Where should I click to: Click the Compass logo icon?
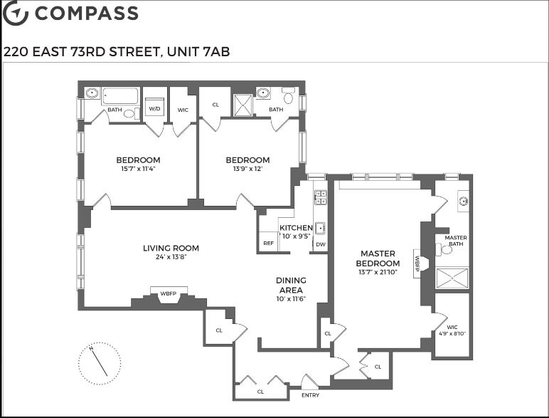[x=15, y=13]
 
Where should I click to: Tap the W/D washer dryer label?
[x=154, y=109]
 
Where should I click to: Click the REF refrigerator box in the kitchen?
[x=269, y=242]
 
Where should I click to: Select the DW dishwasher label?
[x=320, y=244]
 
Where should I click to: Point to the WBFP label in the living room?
[x=169, y=293]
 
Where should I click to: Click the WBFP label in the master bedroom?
[x=417, y=263]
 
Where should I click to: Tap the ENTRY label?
[x=310, y=395]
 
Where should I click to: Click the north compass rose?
[x=100, y=363]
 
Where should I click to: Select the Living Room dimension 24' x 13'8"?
[x=171, y=256]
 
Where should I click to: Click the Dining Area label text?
[x=291, y=285]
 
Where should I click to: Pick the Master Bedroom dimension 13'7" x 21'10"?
[x=378, y=272]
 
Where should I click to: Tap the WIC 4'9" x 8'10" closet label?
[x=452, y=330]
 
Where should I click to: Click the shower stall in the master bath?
[x=452, y=278]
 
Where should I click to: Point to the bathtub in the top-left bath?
[x=120, y=96]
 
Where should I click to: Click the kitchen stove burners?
[x=320, y=197]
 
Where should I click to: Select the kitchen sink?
[x=320, y=228]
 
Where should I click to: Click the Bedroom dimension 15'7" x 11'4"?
[x=138, y=169]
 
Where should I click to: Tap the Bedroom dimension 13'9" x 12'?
[x=247, y=169]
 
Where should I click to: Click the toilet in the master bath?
[x=444, y=250]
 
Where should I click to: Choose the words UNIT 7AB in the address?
[x=198, y=51]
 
